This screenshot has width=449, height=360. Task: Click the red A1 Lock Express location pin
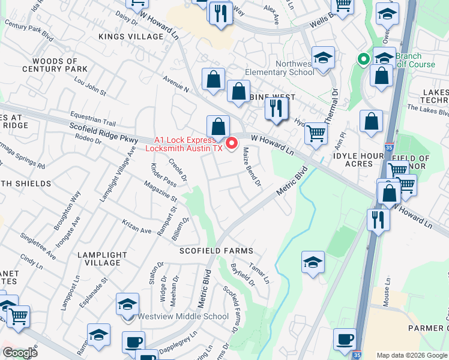[230, 143]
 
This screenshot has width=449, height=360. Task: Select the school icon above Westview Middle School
[127, 304]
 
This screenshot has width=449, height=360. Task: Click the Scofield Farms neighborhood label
[217, 250]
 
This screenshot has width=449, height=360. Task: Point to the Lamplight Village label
[99, 259]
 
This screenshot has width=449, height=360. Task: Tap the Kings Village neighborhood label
[131, 37]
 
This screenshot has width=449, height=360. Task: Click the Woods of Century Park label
[55, 65]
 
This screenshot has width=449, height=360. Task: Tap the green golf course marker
[363, 59]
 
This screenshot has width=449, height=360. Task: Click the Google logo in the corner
[20, 353]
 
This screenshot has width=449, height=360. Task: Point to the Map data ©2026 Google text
[412, 355]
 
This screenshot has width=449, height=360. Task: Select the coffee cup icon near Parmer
[345, 339]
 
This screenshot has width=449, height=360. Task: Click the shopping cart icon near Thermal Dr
[316, 133]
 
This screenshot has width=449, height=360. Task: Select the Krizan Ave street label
[136, 230]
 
